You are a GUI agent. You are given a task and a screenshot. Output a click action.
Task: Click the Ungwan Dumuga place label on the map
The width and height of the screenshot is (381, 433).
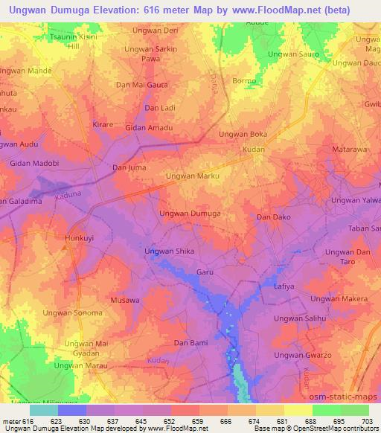[190, 214]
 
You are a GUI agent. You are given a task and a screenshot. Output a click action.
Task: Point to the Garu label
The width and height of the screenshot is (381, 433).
[205, 272]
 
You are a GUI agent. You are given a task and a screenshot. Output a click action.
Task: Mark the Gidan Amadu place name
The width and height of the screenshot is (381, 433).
[149, 128]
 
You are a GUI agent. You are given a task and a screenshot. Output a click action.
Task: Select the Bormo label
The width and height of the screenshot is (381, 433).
[243, 80]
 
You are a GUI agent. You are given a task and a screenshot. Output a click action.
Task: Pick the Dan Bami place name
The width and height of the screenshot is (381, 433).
[190, 342]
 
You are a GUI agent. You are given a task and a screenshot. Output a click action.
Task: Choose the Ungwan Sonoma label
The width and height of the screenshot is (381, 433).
[73, 312]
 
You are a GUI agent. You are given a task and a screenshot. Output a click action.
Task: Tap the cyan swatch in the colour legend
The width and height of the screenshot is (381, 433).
[43, 410]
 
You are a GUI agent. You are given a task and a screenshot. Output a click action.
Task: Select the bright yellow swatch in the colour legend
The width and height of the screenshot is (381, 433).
[298, 410]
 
